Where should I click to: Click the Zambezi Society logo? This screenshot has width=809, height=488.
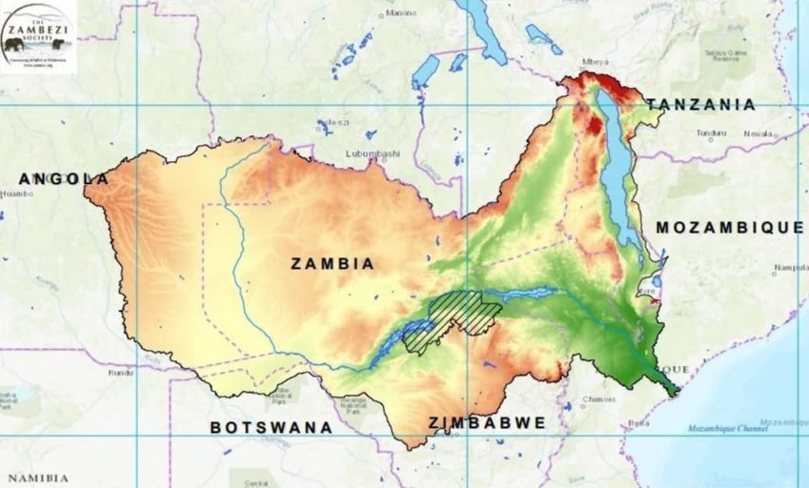38,37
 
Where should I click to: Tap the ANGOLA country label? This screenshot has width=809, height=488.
64,178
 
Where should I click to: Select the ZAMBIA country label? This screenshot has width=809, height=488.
333,263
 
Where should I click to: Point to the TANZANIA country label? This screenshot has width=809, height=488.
700,104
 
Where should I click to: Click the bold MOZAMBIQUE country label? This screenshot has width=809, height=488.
730,227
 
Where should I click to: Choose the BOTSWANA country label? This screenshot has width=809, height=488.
272,428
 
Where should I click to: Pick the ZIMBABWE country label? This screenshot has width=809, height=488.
487,422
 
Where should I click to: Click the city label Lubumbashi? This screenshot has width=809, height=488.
373,152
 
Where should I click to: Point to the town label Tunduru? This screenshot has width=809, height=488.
711,133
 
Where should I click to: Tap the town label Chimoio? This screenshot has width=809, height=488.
597,399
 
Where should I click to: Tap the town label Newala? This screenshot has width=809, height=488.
759,133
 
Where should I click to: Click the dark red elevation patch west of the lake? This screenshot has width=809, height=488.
595,126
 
